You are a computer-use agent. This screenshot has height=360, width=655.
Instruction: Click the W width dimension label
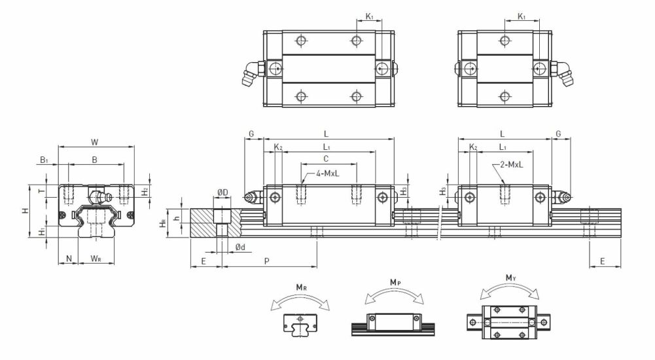tap(95, 142)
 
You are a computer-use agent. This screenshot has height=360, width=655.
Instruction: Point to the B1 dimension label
tap(44, 160)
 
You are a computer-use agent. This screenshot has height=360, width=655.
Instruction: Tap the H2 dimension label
tap(145, 192)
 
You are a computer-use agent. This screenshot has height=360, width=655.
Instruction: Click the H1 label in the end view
tap(42, 232)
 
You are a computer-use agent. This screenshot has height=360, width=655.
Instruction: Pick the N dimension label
tap(69, 259)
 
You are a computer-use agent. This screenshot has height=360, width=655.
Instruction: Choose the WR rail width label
tap(96, 259)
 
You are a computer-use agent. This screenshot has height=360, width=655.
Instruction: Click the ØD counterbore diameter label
tap(222, 192)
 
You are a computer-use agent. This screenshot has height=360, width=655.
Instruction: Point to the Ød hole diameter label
tap(239, 247)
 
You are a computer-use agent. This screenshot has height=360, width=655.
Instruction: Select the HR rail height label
tap(163, 223)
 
